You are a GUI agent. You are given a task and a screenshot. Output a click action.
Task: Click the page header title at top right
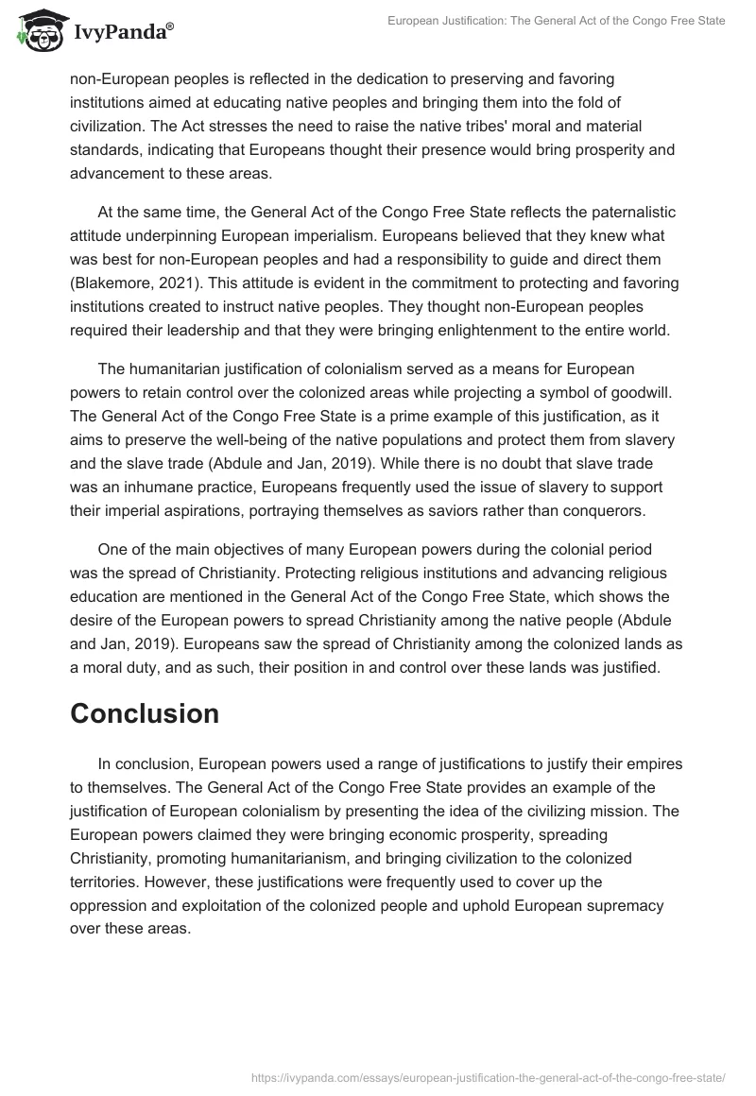[x=557, y=21]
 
